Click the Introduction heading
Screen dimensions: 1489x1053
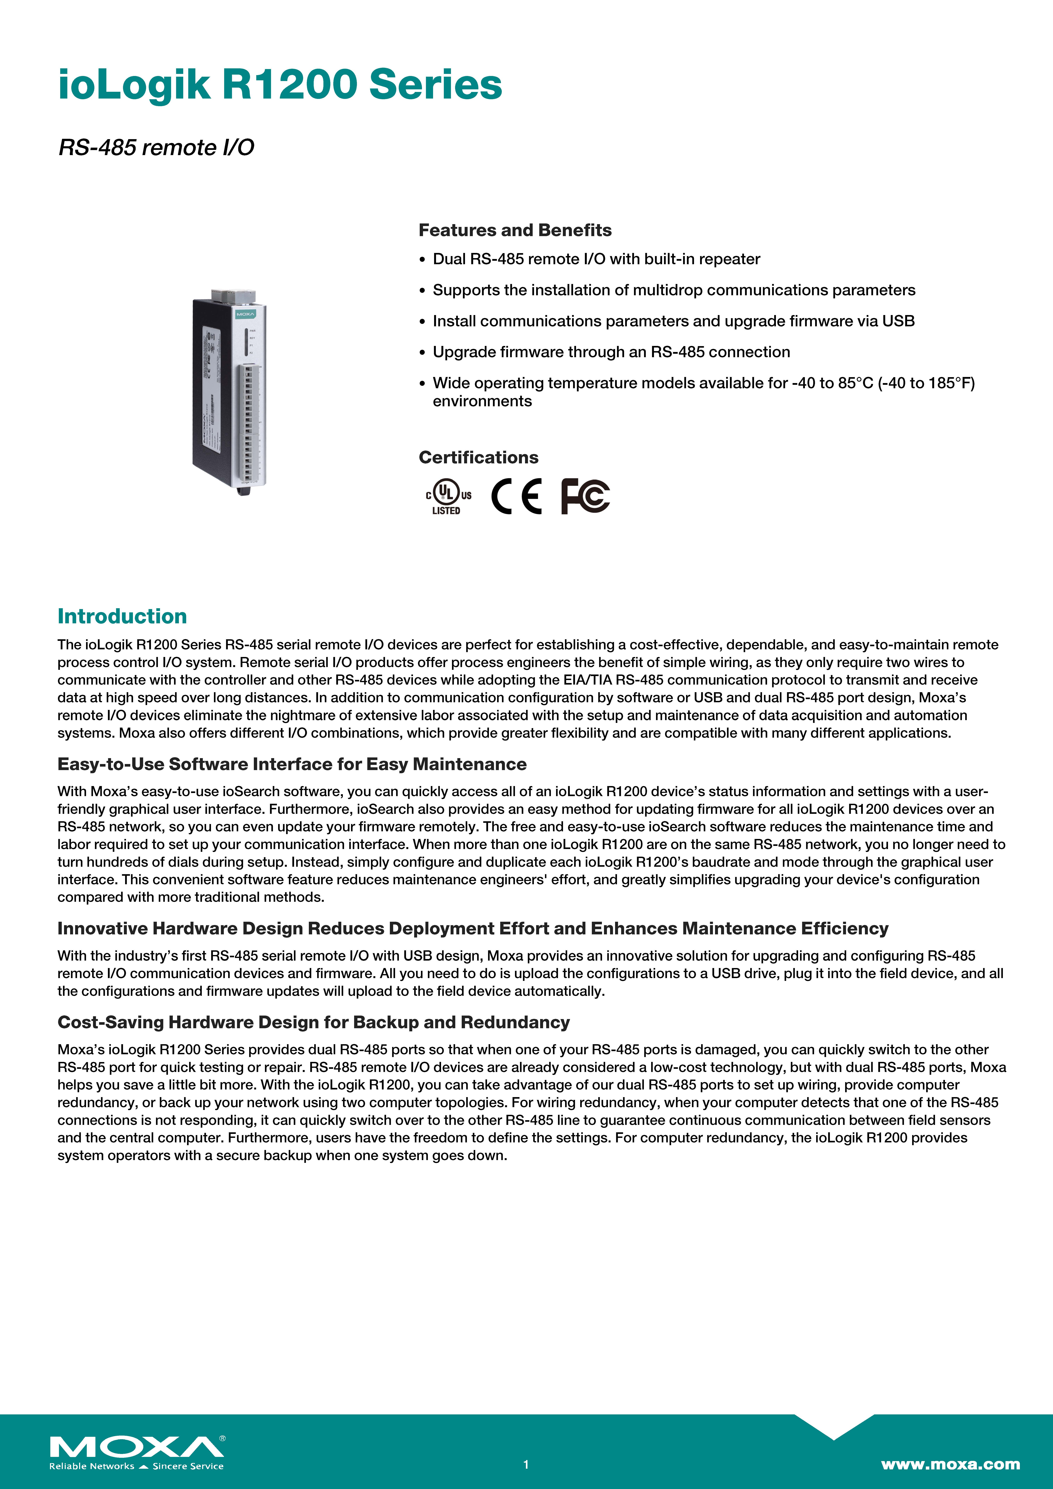(122, 616)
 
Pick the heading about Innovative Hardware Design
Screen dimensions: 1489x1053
(472, 929)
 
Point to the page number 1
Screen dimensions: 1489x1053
(526, 1464)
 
